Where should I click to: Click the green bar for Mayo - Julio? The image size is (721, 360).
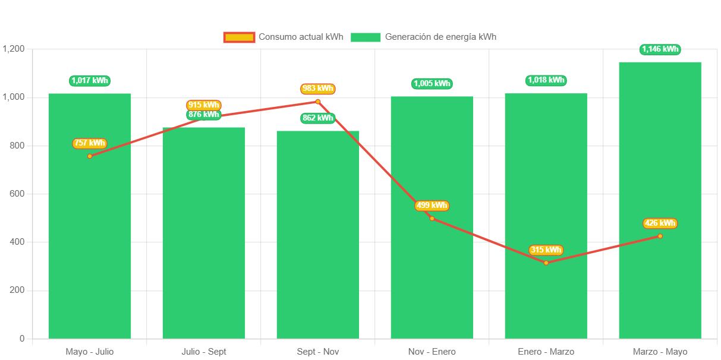coord(90,238)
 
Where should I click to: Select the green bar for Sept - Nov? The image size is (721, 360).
coord(318,250)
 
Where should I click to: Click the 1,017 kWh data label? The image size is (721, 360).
coord(90,81)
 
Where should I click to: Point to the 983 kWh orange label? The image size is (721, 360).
coord(318,89)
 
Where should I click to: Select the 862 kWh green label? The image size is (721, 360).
coord(318,118)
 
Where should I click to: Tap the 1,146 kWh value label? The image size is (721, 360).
coord(660,49)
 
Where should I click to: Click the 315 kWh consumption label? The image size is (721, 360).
coord(546,250)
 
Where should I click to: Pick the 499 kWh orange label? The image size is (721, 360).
coord(432,206)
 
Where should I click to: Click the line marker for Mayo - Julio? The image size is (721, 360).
coord(90,156)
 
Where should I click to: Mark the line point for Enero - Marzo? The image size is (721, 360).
coord(546,263)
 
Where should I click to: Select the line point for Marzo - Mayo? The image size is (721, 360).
coord(660,236)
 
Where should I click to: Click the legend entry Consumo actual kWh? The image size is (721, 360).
coord(284,37)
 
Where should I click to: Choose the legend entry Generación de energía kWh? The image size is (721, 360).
coord(423,37)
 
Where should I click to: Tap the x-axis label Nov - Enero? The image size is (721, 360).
coord(432,352)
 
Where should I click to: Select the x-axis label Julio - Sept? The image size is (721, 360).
coord(204,352)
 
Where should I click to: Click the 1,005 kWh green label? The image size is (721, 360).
coord(432,84)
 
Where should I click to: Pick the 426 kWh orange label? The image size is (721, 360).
coord(660,223)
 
